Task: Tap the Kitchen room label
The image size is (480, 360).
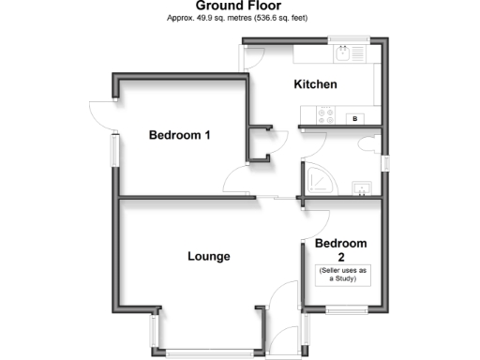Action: click(315, 84)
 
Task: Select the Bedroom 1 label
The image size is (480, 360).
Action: click(179, 135)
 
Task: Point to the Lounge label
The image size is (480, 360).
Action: click(208, 256)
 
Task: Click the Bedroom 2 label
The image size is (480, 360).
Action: click(340, 249)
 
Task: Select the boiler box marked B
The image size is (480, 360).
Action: click(354, 118)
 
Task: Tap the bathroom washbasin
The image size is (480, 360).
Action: click(359, 187)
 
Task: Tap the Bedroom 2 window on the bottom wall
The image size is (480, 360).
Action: click(340, 308)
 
